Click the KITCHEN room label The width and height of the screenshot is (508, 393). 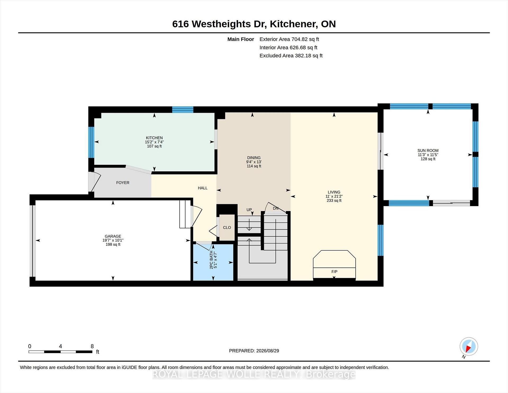(x=154, y=138)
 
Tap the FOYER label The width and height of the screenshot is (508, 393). (x=123, y=183)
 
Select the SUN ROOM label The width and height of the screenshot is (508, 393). (x=428, y=150)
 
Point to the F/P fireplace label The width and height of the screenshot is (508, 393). (x=334, y=272)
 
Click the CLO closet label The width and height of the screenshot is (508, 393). (x=227, y=227)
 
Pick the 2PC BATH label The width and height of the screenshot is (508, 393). (x=211, y=260)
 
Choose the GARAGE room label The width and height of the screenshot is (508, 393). (x=113, y=236)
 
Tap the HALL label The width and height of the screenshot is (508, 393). (x=203, y=188)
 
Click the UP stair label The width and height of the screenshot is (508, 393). (x=249, y=210)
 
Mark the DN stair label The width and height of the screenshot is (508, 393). (x=276, y=208)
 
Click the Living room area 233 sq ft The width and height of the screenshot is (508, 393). (x=334, y=201)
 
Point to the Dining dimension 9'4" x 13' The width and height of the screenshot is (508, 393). (x=254, y=162)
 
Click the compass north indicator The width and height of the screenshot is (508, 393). (x=469, y=346)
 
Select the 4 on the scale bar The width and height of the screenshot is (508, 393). (x=60, y=346)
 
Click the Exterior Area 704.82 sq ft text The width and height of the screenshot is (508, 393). (x=289, y=39)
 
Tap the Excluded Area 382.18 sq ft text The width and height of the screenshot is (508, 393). (x=291, y=56)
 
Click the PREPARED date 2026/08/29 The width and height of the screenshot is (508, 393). (x=267, y=351)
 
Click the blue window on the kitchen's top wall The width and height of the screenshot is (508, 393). (x=183, y=109)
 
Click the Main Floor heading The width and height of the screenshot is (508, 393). (x=241, y=39)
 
